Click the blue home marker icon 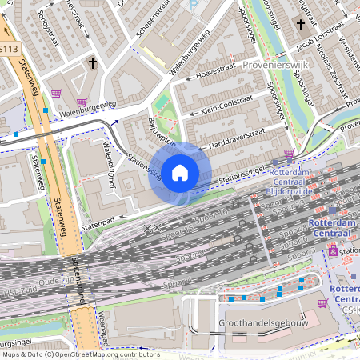(x=180, y=172)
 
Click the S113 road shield (x=8, y=50)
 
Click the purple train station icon (x=333, y=251)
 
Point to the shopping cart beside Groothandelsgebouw (x=322, y=303)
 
